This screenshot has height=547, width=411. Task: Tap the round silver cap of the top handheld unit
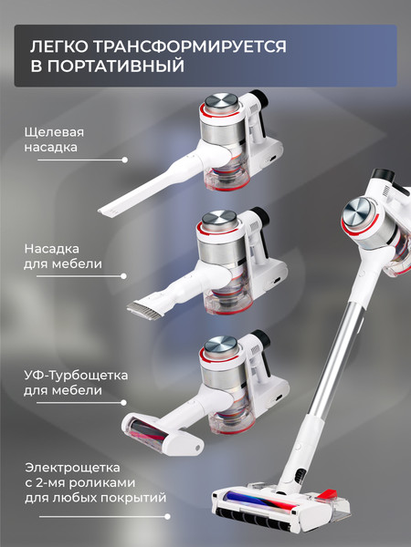(218, 102)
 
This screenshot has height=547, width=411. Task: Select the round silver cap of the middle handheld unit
(218, 219)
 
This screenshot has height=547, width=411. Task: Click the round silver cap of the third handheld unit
(218, 345)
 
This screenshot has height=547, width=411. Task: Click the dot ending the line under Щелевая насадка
(125, 160)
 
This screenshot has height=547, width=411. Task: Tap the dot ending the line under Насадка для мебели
(125, 276)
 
